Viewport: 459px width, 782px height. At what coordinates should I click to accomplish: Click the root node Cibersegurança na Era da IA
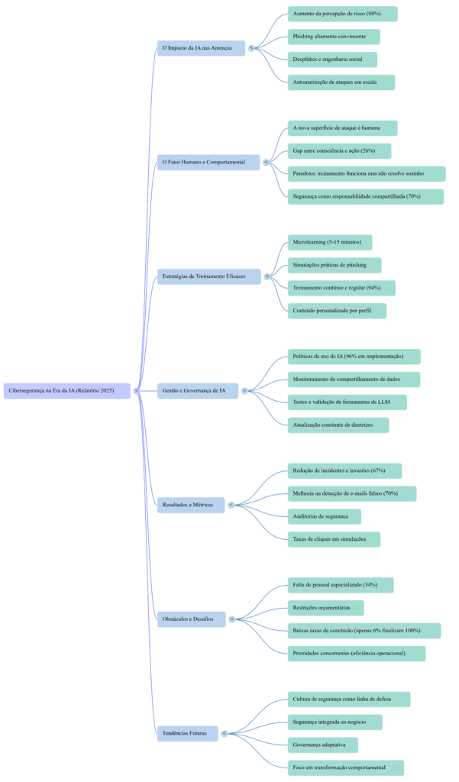67,391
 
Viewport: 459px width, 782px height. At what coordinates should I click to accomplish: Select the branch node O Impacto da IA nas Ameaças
201,48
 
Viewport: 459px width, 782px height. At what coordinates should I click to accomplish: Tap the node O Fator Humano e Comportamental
208,162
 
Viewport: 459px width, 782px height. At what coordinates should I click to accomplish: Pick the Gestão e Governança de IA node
197,391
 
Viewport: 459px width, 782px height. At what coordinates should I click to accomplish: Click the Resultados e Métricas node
191,505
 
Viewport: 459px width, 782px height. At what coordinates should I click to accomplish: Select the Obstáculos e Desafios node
191,619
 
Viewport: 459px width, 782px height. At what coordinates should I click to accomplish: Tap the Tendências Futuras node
187,733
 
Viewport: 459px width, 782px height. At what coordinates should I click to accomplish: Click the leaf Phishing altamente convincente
334,37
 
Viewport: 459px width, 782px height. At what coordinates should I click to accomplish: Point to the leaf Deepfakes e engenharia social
332,60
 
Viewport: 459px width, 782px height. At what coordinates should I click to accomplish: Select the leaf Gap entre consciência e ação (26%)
339,151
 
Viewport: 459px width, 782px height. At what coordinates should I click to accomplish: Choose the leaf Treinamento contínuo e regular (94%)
341,288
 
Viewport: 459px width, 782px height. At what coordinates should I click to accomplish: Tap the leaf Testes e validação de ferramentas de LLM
347,402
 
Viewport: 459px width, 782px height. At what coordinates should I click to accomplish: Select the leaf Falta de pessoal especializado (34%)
341,585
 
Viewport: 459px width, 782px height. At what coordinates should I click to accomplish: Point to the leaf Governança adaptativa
323,745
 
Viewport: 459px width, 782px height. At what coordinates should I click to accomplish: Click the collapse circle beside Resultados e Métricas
231,505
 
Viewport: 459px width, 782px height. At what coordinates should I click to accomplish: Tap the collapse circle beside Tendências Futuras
225,733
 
